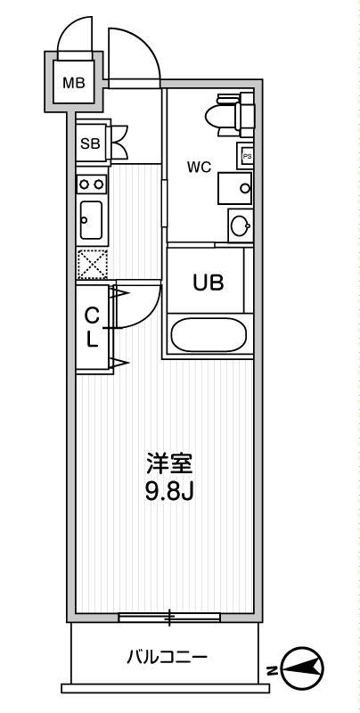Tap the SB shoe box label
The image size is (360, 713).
(89, 143)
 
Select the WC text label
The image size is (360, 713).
(198, 167)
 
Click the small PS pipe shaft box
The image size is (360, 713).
(247, 157)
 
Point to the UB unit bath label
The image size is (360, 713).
(209, 282)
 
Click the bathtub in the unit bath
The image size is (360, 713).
(209, 335)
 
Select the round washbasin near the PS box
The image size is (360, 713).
(239, 225)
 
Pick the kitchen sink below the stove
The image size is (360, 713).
(91, 219)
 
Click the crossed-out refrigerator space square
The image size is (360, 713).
(91, 265)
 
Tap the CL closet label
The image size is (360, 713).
(92, 327)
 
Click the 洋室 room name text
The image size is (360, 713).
(169, 464)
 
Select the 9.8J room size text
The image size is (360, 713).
(169, 491)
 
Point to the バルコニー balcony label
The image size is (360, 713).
(167, 659)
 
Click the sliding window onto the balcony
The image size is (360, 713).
(168, 615)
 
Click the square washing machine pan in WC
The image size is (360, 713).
(235, 187)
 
